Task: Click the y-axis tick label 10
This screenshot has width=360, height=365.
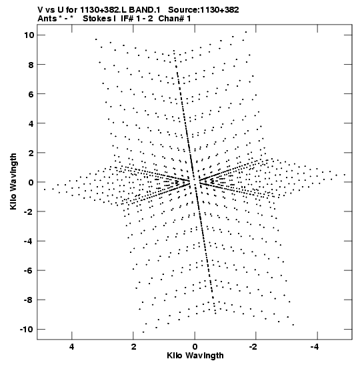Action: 29,35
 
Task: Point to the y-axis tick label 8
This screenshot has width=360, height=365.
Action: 31,65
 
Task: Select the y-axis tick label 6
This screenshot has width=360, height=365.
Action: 31,94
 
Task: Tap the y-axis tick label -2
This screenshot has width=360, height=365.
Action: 29,212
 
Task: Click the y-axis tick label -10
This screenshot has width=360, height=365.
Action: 27,330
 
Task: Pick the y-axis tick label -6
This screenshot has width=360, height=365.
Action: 29,271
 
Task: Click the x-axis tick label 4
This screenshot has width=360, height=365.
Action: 72,347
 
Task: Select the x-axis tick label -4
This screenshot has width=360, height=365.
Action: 315,347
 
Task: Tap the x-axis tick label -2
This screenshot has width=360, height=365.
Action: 253,347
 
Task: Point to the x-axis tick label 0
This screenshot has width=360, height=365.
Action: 195,347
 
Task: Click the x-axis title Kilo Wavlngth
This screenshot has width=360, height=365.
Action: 195,356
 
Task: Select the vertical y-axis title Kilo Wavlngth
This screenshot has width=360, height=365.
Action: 13,181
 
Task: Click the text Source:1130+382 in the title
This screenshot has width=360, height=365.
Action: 203,10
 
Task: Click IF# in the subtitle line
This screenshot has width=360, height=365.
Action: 127,19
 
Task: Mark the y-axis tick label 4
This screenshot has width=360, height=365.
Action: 31,123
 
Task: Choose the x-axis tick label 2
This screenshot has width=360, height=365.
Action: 133,347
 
